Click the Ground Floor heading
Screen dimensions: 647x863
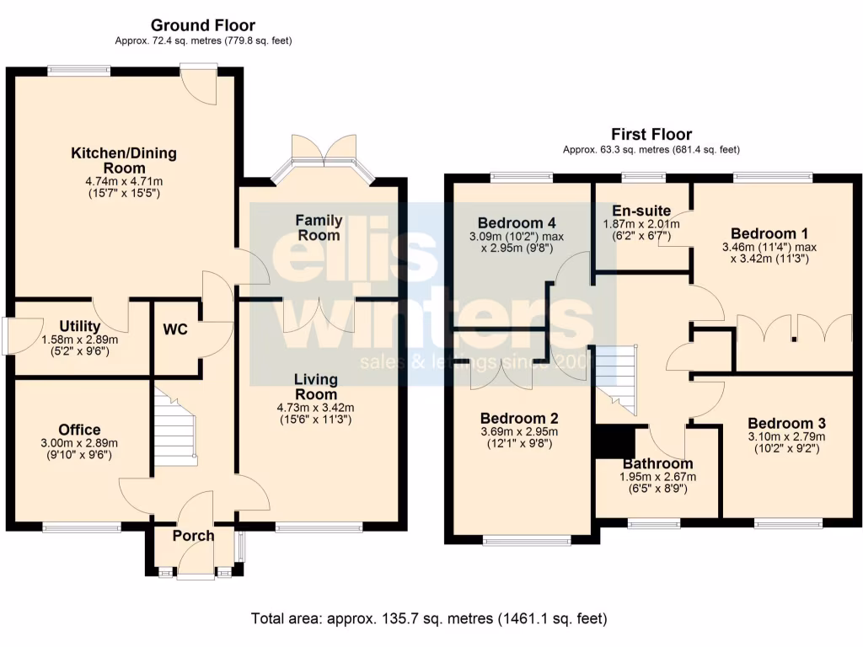click(x=202, y=25)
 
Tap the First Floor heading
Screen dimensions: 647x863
click(x=651, y=135)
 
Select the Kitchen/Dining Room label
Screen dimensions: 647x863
click(x=123, y=160)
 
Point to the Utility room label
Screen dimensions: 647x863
click(x=80, y=326)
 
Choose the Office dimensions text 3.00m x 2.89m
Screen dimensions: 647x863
click(x=80, y=443)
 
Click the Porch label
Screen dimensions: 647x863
click(x=193, y=536)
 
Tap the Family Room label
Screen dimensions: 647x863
click(x=319, y=227)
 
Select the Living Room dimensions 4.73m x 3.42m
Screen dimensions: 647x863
click(x=315, y=408)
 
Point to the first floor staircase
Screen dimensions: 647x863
click(x=616, y=380)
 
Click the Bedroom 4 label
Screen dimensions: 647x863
click(x=517, y=223)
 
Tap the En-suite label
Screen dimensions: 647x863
click(x=642, y=211)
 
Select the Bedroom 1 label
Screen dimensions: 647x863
click(x=764, y=233)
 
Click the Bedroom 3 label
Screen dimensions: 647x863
click(x=786, y=423)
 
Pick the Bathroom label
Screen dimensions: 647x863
click(x=657, y=463)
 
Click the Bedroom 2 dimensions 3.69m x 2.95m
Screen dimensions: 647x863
click(x=519, y=431)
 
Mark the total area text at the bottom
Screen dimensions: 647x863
click(x=429, y=619)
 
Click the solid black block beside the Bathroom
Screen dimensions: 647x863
click(x=614, y=441)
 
